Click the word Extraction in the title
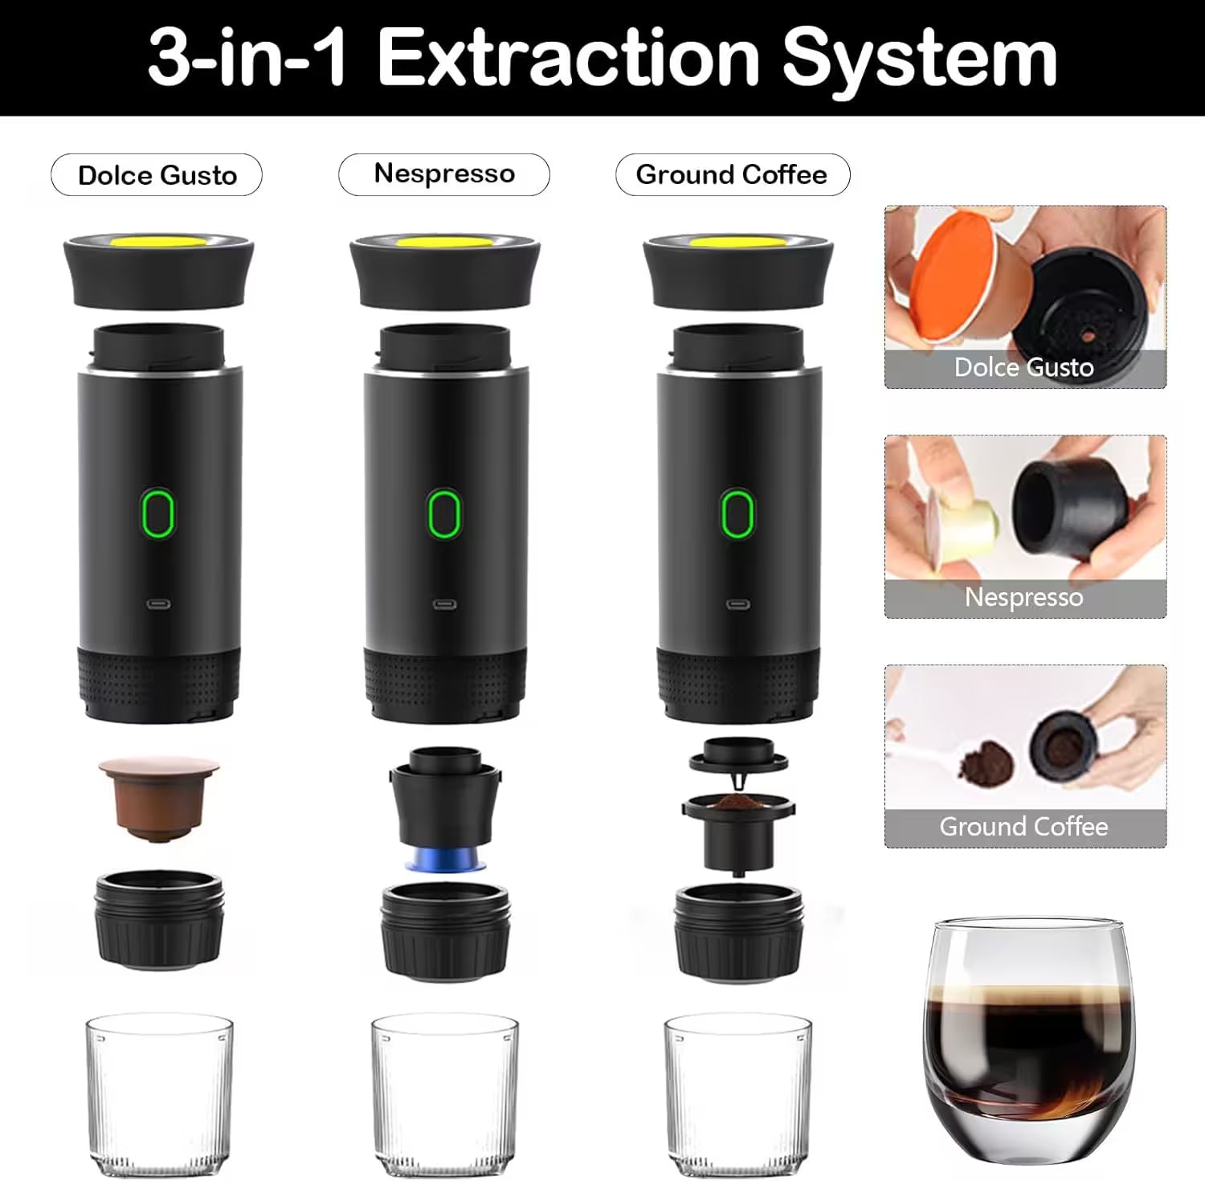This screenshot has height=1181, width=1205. pyautogui.click(x=568, y=58)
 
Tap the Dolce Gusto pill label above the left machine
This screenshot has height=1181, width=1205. pyautogui.click(x=157, y=175)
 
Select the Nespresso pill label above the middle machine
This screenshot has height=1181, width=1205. pyautogui.click(x=444, y=174)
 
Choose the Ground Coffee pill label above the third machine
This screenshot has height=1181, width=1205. pyautogui.click(x=732, y=175)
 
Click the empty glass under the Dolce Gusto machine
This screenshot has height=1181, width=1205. pyautogui.click(x=159, y=1093)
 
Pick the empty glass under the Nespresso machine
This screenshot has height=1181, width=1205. pyautogui.click(x=445, y=1093)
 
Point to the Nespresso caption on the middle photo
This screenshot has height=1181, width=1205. pyautogui.click(x=1024, y=598)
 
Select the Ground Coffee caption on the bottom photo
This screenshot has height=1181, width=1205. pyautogui.click(x=1024, y=828)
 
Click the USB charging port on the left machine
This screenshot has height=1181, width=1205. pyautogui.click(x=157, y=604)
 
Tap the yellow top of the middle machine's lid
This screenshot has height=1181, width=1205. pyautogui.click(x=444, y=242)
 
